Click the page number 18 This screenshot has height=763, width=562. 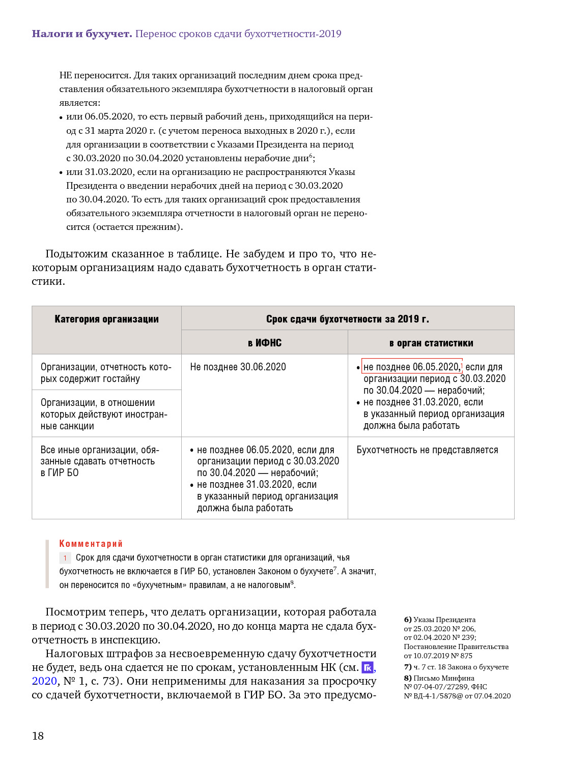38,736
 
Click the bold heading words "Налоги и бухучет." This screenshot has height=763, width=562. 82,34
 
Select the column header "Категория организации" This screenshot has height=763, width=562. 106,319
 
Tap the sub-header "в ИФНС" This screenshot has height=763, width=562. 265,343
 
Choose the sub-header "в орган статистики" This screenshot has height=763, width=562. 431,343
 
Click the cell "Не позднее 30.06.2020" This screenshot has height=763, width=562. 238,367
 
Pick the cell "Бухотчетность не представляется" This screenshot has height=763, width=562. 427,450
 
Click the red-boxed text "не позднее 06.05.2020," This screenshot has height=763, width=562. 411,367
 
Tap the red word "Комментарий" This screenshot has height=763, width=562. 91,543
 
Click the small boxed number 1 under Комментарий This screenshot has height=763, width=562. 65,558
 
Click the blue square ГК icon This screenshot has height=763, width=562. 368,667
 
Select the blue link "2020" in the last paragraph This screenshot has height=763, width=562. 44,681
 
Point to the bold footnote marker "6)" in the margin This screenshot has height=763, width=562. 408,620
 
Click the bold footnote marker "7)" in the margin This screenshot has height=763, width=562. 408,667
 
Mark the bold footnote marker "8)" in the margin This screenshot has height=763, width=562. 408,678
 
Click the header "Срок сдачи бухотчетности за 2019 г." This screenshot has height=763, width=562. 347,319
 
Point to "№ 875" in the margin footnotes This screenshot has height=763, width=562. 462,656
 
